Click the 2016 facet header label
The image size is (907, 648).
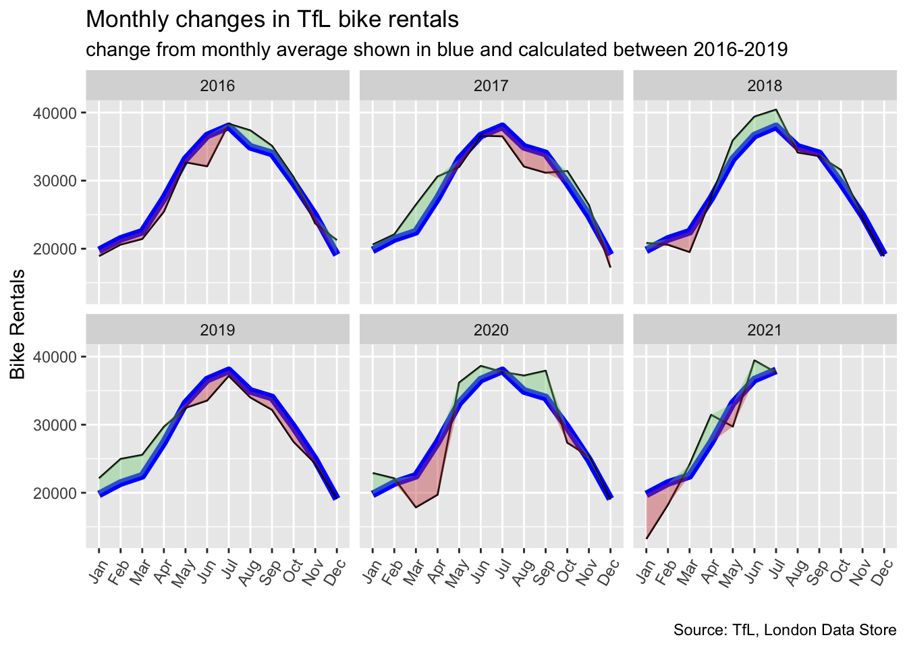(x=217, y=86)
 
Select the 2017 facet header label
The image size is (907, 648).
(x=491, y=86)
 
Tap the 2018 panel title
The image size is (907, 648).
(x=765, y=86)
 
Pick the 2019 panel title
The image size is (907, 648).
(x=217, y=330)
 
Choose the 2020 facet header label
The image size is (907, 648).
(x=491, y=330)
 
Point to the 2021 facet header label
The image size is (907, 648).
(x=765, y=330)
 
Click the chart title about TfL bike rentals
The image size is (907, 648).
(x=272, y=20)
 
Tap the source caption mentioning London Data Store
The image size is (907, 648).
(x=785, y=630)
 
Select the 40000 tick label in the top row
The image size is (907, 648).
(x=55, y=113)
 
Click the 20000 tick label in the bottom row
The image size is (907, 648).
(x=55, y=493)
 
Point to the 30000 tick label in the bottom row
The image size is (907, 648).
(x=55, y=425)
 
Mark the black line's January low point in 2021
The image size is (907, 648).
(x=647, y=538)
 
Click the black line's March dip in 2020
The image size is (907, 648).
(x=416, y=507)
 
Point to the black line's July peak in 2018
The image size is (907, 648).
(x=777, y=109)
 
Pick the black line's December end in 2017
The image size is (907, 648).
(x=611, y=267)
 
